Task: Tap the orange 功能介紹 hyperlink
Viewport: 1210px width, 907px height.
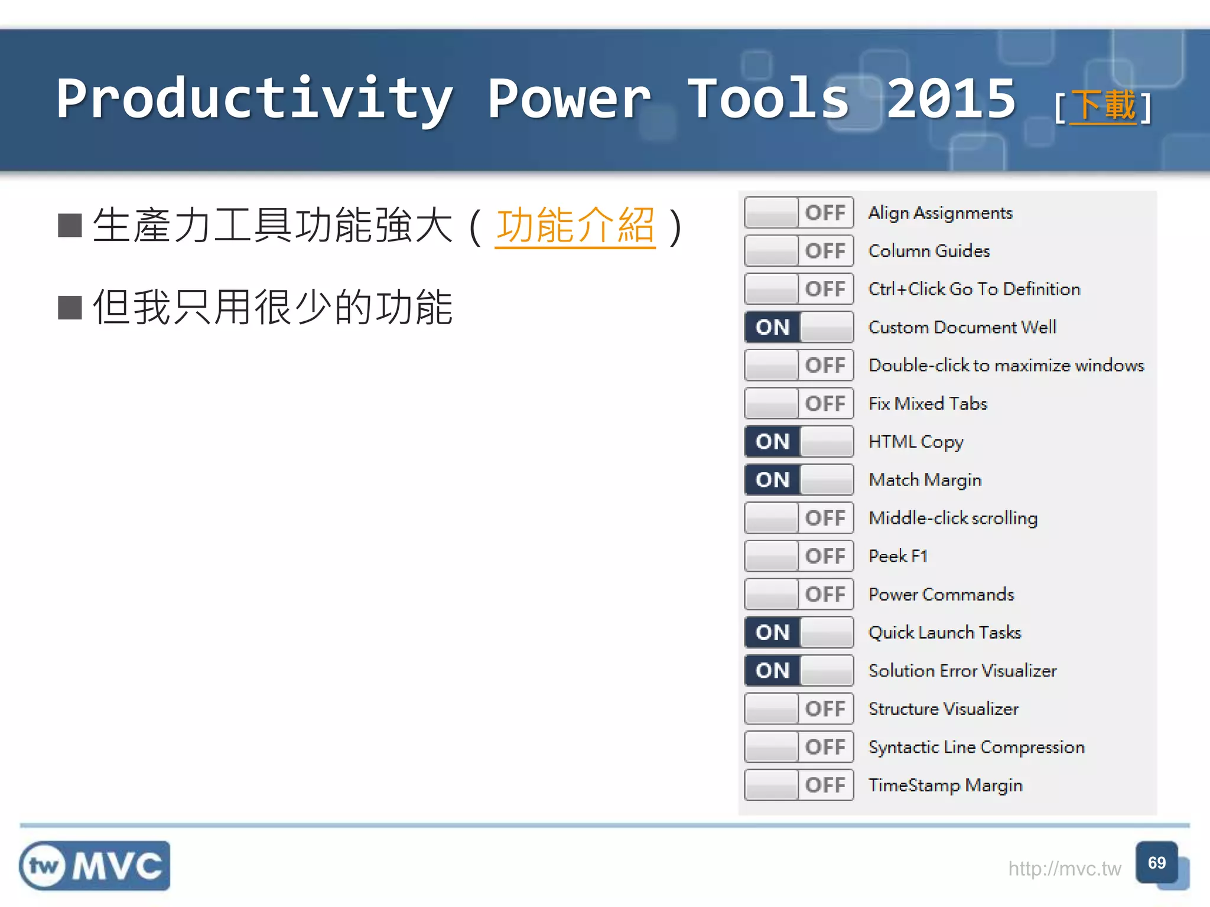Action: coord(575,226)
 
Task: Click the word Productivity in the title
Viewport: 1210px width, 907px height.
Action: coord(255,99)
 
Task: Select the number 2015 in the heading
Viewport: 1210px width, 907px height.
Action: coord(951,99)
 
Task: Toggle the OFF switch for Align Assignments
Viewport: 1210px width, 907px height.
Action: coord(799,213)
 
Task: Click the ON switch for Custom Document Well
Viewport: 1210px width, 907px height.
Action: coord(799,327)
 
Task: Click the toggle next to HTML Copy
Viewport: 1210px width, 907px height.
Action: coord(799,442)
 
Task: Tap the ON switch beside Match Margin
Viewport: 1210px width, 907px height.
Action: coord(799,479)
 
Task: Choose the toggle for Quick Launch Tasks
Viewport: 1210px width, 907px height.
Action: coord(799,632)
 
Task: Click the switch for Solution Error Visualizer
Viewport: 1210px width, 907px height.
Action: coord(799,670)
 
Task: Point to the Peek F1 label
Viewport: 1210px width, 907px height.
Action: coord(897,556)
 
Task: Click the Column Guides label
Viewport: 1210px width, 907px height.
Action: coord(929,251)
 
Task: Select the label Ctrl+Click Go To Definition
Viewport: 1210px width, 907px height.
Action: coord(974,289)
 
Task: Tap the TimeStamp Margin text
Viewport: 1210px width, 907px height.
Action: coord(945,785)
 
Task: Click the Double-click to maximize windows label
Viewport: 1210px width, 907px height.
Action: coord(1006,366)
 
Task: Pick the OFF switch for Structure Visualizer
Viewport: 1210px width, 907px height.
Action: coord(799,709)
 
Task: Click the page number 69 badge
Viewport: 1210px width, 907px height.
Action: coord(1157,863)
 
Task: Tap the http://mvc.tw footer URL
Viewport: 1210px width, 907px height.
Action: coord(1064,869)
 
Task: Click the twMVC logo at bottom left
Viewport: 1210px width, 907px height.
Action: coord(95,866)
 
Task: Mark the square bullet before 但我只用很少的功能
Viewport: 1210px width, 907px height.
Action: coord(70,308)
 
